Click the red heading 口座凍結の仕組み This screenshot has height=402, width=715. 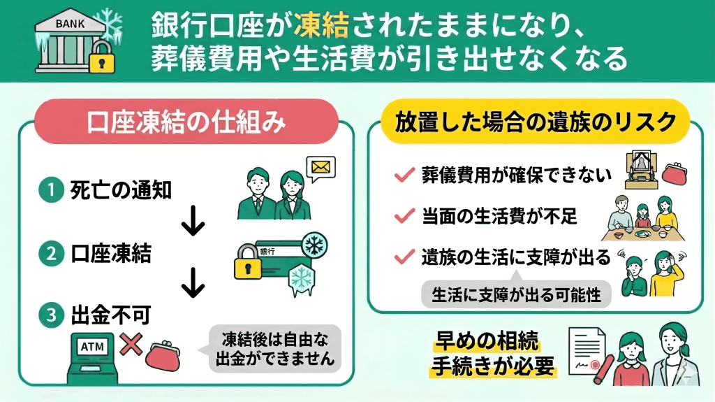(x=186, y=122)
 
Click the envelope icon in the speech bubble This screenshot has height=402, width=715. (x=321, y=168)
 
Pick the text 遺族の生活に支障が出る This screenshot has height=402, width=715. (x=516, y=257)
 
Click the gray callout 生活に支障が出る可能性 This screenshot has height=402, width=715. (x=516, y=294)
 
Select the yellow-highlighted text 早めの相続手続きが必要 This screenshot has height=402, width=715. (x=486, y=354)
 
